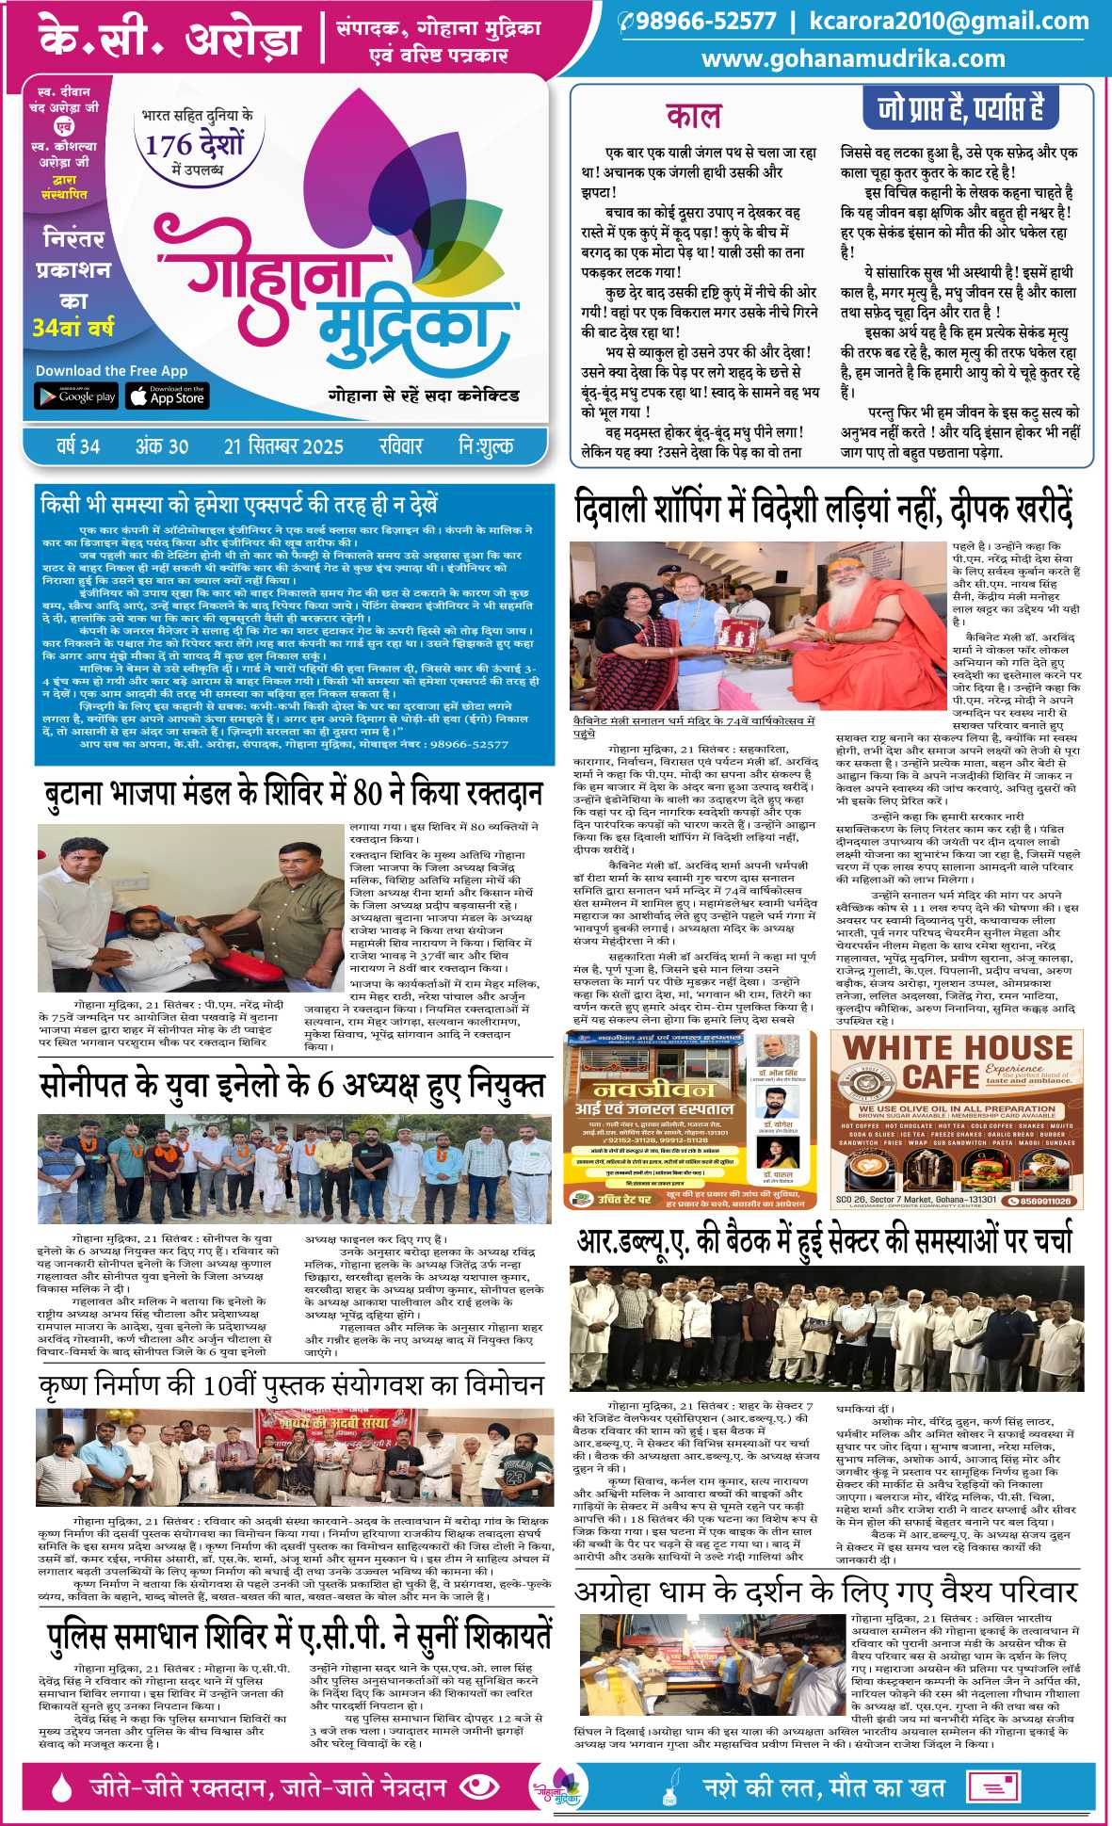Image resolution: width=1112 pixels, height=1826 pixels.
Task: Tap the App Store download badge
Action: click(x=168, y=396)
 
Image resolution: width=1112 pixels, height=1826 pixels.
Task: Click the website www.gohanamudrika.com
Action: click(x=853, y=58)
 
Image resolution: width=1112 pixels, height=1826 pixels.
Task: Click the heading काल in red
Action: click(x=693, y=116)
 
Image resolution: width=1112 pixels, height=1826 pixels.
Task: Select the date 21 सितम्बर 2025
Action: click(x=283, y=446)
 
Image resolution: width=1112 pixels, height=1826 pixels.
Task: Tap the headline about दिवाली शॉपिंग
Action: click(x=824, y=510)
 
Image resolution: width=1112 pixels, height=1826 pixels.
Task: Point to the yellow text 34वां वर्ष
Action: click(x=73, y=329)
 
